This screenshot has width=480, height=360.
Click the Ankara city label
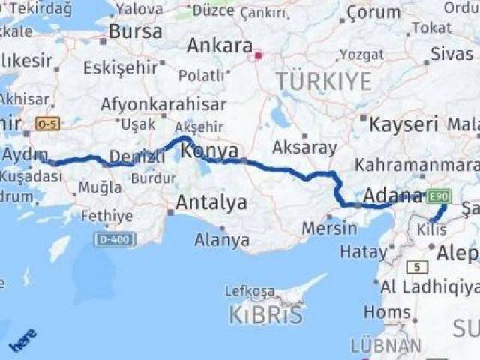[x=219, y=45]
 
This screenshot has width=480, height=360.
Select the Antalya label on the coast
[x=211, y=202]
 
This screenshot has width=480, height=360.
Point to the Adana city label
[x=393, y=196]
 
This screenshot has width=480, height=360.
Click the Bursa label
[x=135, y=32]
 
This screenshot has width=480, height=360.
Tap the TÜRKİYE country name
[x=323, y=81]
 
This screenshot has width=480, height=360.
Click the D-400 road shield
[x=115, y=238]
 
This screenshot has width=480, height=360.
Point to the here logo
[x=22, y=340]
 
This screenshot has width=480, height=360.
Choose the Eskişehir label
[x=121, y=67]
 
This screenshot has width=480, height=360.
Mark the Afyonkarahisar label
[x=163, y=104]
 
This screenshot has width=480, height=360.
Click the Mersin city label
[x=330, y=228]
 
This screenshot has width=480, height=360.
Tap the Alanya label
[x=222, y=241]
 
